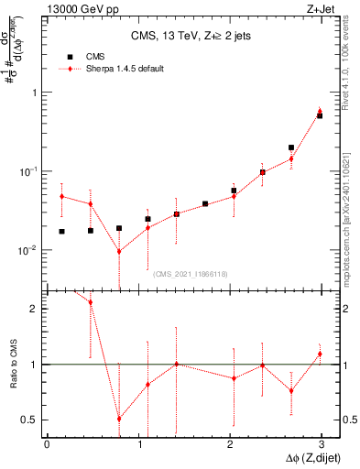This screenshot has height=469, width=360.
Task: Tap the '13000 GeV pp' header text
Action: (x=72, y=9)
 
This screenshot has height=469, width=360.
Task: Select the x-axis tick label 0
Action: (x=47, y=444)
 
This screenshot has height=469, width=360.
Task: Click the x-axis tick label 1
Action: (x=138, y=444)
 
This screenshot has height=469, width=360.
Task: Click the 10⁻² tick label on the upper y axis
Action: (x=25, y=250)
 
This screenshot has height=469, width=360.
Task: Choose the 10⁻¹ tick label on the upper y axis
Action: (x=25, y=171)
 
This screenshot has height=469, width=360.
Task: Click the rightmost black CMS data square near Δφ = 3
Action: (x=320, y=115)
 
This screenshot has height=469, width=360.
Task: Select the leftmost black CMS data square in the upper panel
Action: (x=61, y=232)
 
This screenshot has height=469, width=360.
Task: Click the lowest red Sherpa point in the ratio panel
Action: (x=119, y=419)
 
